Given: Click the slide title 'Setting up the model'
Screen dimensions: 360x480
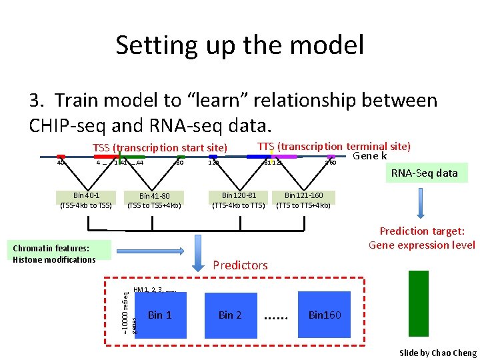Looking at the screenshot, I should coord(239,45).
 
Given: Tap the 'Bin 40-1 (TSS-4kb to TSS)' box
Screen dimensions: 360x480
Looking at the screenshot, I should coord(87,200).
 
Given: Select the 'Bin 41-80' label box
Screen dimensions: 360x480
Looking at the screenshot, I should coord(154,200).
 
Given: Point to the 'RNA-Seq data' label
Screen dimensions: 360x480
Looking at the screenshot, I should coord(424,173).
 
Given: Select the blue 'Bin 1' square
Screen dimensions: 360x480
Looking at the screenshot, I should coord(159,315).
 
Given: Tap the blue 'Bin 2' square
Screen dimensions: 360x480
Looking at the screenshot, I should coord(230,315).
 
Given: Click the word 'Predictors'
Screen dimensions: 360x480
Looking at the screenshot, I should coord(240,265).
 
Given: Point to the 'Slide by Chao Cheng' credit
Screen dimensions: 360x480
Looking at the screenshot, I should coord(437,353).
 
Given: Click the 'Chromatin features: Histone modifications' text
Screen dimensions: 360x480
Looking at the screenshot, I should coord(54,253).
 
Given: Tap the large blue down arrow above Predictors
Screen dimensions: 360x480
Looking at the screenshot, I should coord(199,253).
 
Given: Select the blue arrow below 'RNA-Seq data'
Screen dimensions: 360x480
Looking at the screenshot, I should coord(421,205).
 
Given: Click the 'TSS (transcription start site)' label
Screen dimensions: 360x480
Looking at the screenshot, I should coord(160,147).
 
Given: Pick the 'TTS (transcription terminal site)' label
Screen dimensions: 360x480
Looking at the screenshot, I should coord(333,146).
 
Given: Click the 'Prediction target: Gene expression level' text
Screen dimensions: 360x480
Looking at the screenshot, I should coord(422,238).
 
